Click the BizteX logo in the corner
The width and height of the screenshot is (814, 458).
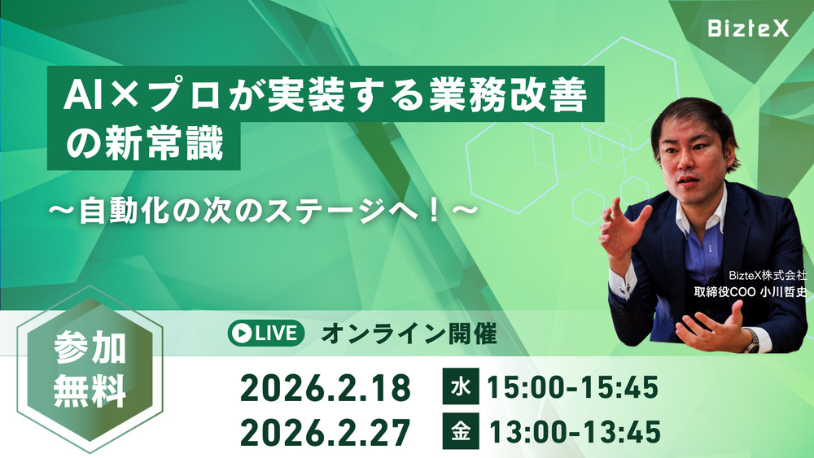pyautogui.click(x=746, y=29)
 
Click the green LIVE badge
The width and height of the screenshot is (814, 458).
pyautogui.click(x=266, y=333)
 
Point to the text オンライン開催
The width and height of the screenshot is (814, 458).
pyautogui.click(x=409, y=333)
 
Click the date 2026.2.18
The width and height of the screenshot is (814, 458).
pyautogui.click(x=325, y=388)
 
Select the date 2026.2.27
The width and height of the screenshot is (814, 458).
pyautogui.click(x=325, y=433)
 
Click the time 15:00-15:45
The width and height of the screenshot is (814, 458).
pyautogui.click(x=571, y=388)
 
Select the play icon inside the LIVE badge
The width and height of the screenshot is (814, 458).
pyautogui.click(x=240, y=333)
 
